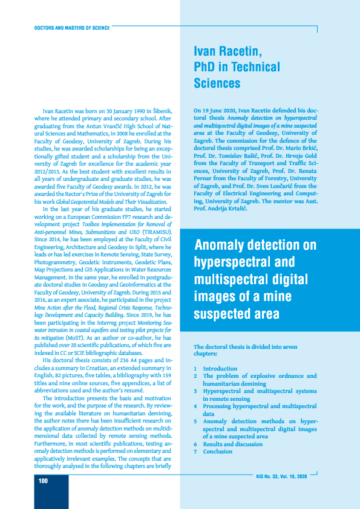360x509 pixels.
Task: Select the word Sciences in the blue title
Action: [x=217, y=83]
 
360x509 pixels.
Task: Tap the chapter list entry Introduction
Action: [x=220, y=369]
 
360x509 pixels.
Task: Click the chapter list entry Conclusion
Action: [x=218, y=452]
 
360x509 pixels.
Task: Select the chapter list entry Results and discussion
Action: [x=232, y=444]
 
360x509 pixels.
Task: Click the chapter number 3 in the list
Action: [x=195, y=391]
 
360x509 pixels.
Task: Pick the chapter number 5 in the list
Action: [x=195, y=421]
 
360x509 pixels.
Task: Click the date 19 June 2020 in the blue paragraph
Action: [x=218, y=111]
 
